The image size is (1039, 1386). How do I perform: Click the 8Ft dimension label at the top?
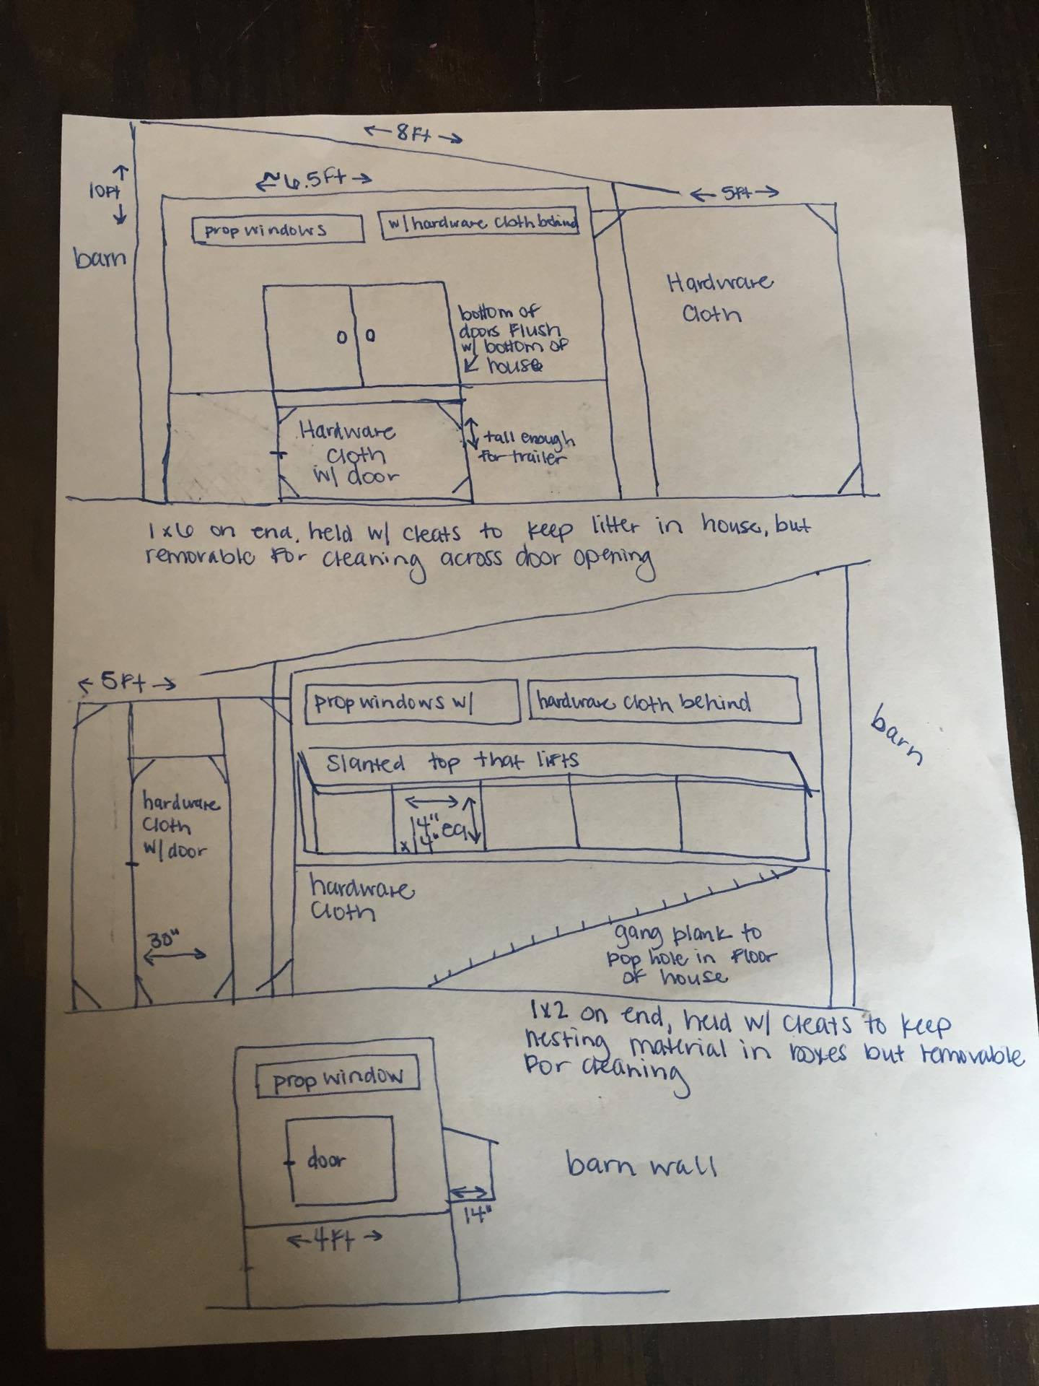coord(411,134)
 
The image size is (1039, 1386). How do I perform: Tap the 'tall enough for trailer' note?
coord(527,448)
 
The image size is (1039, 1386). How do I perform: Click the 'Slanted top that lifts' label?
coord(452,762)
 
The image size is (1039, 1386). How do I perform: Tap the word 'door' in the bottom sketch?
coord(326,1161)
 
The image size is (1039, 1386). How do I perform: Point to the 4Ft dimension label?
coord(333,1239)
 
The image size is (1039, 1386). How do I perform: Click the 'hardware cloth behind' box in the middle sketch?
coord(665,700)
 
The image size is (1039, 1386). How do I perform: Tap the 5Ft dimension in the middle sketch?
coord(127,682)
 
